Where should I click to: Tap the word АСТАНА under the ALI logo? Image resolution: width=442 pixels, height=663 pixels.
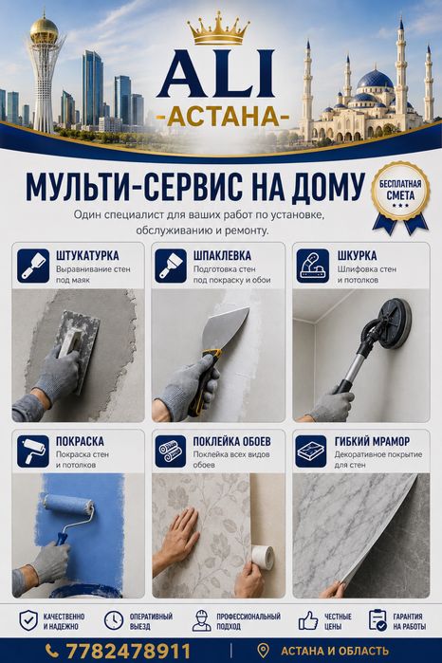coord(223,117)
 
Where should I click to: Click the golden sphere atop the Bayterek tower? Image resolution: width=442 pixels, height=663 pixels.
coord(44,29)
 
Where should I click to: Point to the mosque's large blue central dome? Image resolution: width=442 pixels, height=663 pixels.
coord(376,80)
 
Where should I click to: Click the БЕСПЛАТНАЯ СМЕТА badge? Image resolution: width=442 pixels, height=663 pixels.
coord(400,197)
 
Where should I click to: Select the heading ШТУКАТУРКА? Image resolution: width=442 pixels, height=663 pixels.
coord(87,256)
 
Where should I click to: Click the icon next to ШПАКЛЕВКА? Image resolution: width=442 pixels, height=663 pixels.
coord(171,266)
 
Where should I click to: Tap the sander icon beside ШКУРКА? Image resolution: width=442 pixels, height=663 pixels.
coord(313,266)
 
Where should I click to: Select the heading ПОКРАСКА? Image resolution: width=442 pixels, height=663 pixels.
coord(80,441)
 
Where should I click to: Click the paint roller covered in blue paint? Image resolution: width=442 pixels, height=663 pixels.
coord(69,506)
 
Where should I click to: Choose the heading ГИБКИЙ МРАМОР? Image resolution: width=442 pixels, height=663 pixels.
coord(372,441)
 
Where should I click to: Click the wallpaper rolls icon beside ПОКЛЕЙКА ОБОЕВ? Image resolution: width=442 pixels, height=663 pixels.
coord(171,451)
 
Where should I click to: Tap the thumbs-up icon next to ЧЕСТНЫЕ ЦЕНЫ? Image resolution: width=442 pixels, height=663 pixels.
coord(308,620)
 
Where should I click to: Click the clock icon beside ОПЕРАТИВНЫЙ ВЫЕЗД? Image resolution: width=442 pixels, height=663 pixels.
coord(114,620)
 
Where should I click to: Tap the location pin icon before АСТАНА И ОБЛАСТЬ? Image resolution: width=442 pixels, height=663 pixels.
coord(263,651)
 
